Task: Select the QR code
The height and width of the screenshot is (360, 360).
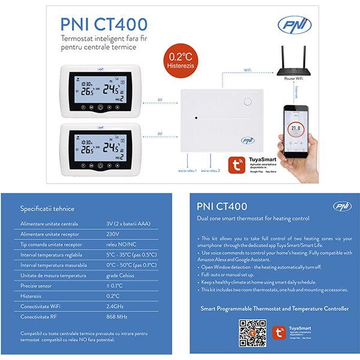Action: pos(253,332)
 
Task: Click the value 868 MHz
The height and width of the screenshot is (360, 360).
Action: pos(118,316)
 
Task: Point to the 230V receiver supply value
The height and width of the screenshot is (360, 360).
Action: pos(113,233)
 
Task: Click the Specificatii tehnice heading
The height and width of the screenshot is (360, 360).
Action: pos(47,208)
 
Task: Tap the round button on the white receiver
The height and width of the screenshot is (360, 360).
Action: pos(247,101)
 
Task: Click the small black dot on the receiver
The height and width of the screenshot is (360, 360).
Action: pos(196,117)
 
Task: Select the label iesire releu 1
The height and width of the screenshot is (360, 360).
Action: pos(188,171)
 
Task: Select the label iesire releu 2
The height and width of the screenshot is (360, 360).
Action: pos(211,171)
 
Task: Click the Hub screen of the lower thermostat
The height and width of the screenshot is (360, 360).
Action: pos(100,149)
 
